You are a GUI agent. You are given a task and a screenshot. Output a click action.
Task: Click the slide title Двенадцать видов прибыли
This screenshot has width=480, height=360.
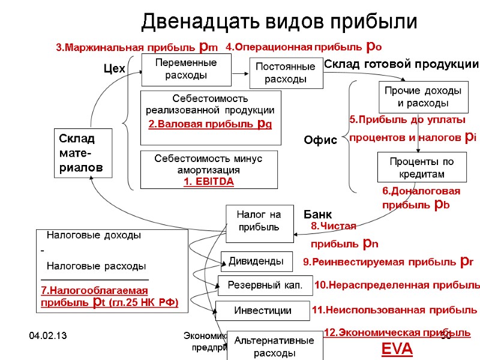279,22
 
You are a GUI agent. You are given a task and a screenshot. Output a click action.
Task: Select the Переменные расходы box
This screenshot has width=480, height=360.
186,69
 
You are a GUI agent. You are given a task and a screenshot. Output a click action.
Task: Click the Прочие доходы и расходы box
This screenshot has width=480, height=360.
421,97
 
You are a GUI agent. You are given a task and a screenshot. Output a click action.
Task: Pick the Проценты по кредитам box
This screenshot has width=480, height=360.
421,167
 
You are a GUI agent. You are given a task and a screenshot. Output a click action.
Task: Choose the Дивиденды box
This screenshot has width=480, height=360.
256,261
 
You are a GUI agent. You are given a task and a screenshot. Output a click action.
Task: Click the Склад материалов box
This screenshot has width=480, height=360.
84,153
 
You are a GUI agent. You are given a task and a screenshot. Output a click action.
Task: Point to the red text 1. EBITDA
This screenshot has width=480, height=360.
209,181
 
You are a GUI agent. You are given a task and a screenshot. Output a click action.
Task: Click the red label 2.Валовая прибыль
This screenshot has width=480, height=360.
210,124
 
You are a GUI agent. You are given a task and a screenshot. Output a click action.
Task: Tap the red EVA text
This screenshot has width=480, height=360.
397,349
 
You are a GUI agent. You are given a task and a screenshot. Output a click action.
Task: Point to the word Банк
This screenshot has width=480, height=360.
317,214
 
